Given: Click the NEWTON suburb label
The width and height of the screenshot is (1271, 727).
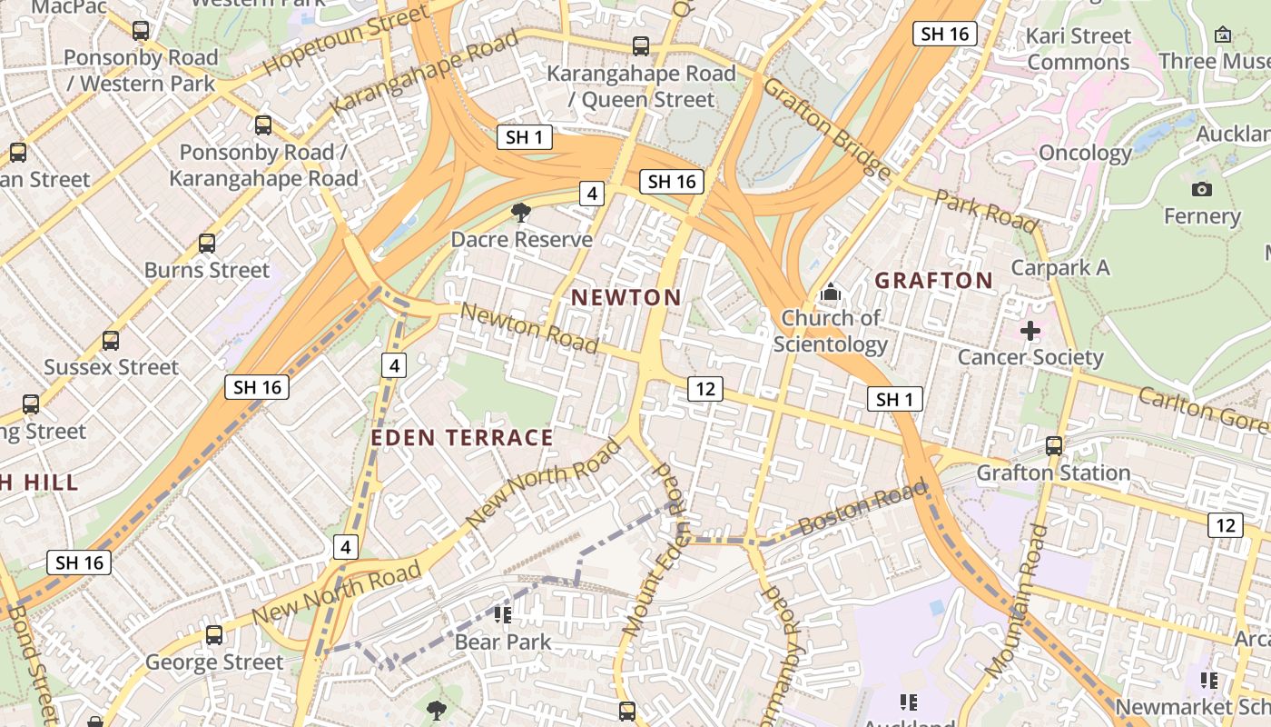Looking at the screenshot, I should coord(626,297).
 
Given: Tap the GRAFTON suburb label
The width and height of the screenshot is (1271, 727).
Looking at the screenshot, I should coord(934,280).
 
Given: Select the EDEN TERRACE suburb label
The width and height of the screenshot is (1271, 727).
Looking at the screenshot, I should coord(462,437).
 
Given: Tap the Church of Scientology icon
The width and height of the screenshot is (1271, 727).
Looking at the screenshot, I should coord(830,293).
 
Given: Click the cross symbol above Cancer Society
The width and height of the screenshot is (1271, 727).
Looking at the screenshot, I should coord(1030,331).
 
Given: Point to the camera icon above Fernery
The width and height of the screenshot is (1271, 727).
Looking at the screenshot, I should coord(1202,189).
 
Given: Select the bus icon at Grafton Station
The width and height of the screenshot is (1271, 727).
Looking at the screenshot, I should coord(1054,446).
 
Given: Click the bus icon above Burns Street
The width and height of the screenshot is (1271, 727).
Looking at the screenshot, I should coord(207,244).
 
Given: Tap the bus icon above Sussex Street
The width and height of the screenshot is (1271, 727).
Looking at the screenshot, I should coord(111,341).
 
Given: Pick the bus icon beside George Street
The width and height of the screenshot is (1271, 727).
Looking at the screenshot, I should coord(214,635).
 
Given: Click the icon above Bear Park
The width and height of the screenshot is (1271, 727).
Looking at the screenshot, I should coord(503,615).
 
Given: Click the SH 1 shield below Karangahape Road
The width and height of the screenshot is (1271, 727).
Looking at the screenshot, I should coord(525,137).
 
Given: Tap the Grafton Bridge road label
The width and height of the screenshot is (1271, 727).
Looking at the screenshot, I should coord(826,127).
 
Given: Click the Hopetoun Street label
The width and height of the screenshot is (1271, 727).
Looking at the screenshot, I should coord(346,40).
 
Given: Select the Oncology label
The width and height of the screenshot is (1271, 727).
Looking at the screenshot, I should coord(1085,153).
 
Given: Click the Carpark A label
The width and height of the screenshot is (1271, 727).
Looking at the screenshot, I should coord(1060,267).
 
